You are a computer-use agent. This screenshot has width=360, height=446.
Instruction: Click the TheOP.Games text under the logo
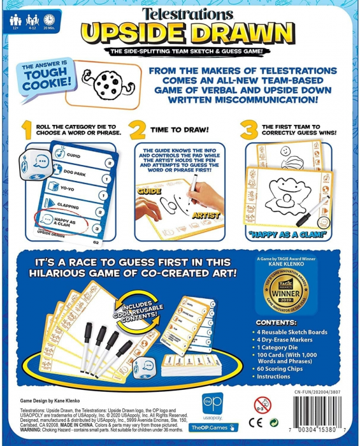tap(206, 430)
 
